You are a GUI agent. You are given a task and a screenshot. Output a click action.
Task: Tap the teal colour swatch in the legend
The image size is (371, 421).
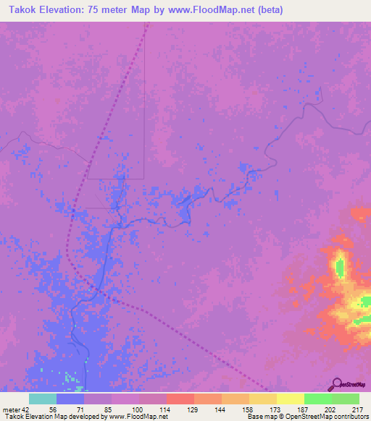coord(42,399)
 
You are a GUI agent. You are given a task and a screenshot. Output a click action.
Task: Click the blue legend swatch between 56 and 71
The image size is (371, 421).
coord(70,399)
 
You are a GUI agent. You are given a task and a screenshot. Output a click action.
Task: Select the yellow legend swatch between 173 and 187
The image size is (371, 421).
coord(290,399)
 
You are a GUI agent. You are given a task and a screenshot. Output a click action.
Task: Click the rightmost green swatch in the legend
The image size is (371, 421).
coord(345,399)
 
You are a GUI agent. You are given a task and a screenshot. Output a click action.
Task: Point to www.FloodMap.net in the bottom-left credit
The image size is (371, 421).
coord(138,417)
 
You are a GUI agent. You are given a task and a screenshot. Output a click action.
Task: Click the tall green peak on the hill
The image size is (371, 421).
coord(339,266)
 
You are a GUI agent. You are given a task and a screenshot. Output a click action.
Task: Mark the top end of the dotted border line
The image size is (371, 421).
coord(147,23)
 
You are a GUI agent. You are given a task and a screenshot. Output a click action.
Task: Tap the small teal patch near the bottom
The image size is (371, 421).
coord(70,377)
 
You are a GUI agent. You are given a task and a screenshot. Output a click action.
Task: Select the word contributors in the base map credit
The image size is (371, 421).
coord(346,417)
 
